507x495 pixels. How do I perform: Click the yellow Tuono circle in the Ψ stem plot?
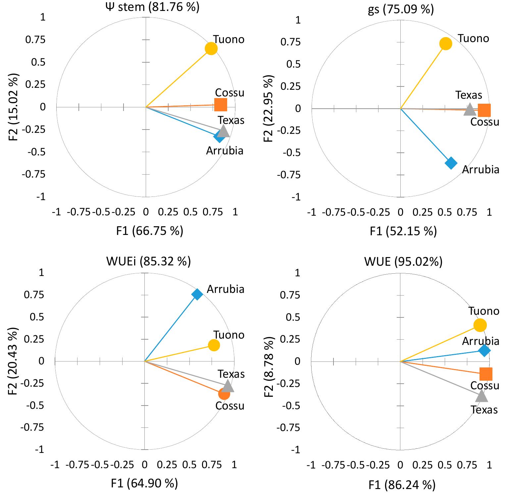click(x=211, y=49)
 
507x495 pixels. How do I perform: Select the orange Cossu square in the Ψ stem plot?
click(x=221, y=105)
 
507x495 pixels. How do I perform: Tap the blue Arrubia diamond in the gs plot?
click(x=451, y=163)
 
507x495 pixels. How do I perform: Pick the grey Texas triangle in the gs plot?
click(x=470, y=109)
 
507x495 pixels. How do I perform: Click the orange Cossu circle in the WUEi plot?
click(x=224, y=394)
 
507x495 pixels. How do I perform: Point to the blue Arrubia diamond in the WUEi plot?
click(x=197, y=294)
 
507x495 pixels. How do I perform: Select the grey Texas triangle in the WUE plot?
click(x=481, y=396)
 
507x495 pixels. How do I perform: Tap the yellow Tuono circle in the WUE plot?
click(x=480, y=325)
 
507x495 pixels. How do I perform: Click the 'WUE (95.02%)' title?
click(x=403, y=262)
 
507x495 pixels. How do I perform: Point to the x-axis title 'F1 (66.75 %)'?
click(x=150, y=231)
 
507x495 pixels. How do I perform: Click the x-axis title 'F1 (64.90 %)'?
click(x=144, y=483)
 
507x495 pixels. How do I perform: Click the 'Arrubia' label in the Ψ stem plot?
click(x=225, y=151)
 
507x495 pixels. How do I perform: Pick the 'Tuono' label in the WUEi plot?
click(x=228, y=335)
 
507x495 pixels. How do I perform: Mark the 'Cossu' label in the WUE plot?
click(x=484, y=386)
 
